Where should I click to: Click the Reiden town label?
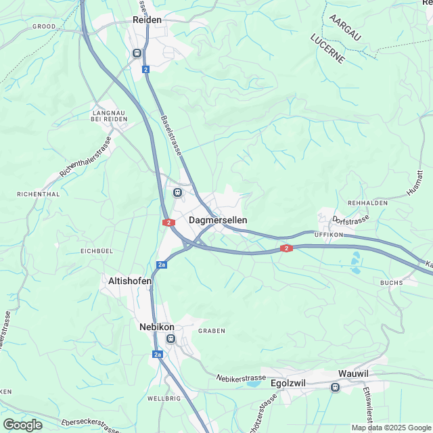[x=147, y=20]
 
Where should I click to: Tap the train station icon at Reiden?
[x=137, y=53]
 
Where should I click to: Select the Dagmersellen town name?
[x=218, y=220]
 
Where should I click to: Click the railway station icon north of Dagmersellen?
[x=177, y=192]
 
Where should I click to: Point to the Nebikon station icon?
[x=170, y=339]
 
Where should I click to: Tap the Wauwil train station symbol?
[x=334, y=387]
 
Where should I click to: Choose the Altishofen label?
[x=130, y=280]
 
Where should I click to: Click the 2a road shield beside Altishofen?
[x=161, y=265]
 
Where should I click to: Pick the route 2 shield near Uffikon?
[x=288, y=249]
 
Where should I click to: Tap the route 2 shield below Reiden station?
[x=145, y=69]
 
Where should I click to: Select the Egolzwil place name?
[x=288, y=383]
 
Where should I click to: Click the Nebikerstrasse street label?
[x=242, y=378]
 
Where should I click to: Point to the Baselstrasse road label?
[x=172, y=136]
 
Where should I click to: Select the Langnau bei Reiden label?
[x=109, y=115]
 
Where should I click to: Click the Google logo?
[x=22, y=425]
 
